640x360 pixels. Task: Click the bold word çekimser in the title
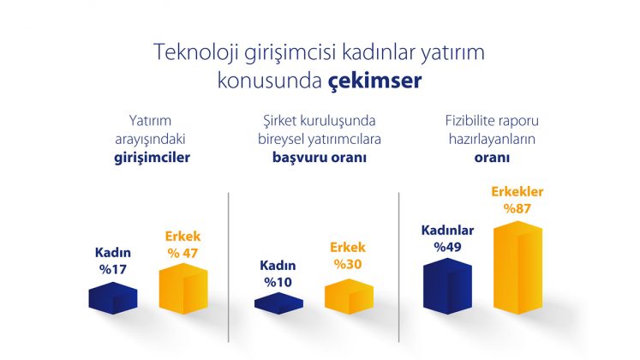point(374,81)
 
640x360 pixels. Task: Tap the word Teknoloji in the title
point(196,53)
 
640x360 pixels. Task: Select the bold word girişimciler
point(153,158)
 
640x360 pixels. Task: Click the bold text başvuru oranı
point(320,158)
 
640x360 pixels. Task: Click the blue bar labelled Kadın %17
point(113,298)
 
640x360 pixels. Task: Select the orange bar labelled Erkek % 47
point(183,289)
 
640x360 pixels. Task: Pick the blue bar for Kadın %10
point(278,303)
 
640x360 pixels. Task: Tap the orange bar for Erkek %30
point(349,297)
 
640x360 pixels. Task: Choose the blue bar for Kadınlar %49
point(447,286)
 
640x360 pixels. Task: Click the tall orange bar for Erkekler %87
point(518,267)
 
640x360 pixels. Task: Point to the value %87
point(517,209)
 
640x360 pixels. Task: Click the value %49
point(447,248)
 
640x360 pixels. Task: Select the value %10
point(278,283)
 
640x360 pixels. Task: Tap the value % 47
point(182,254)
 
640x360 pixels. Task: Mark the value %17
point(113,270)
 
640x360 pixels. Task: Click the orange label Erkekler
point(517,192)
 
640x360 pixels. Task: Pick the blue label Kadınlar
point(447,231)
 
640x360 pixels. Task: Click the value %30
point(348,265)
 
